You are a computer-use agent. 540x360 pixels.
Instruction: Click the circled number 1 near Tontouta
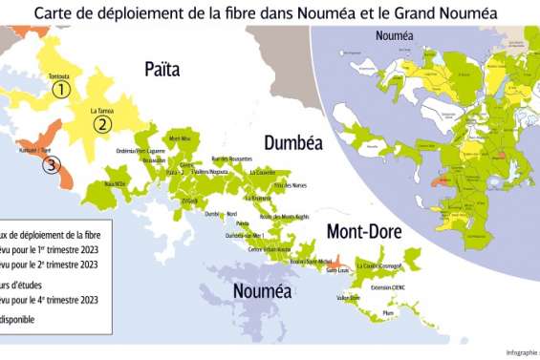click(x=61, y=90)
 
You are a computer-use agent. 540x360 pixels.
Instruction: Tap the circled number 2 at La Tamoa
click(x=101, y=123)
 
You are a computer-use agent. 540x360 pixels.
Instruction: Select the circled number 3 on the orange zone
click(x=51, y=164)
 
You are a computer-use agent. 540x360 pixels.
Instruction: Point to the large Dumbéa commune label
click(x=292, y=142)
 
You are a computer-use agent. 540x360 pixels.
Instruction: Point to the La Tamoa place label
click(x=101, y=110)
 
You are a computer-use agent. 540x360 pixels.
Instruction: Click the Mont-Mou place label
click(x=180, y=140)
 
